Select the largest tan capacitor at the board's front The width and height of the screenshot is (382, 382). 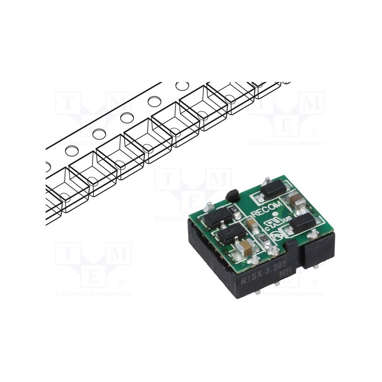pos(246,247)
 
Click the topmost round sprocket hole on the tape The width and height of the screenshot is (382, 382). pos(182,86)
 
